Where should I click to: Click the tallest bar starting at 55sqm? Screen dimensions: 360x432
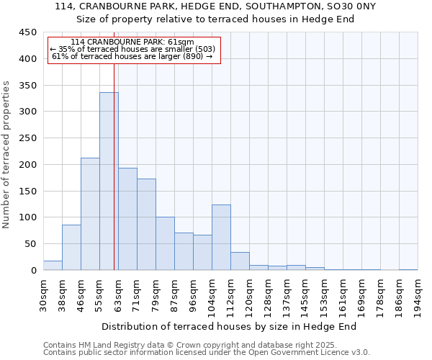(x=109, y=181)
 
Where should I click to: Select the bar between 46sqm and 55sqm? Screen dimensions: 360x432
(x=90, y=214)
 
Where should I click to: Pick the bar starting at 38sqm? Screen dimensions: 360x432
(x=71, y=248)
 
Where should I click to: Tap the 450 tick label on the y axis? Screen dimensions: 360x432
(x=28, y=32)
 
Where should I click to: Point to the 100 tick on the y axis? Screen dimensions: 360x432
(x=28, y=217)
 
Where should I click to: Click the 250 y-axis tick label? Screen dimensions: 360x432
(x=28, y=138)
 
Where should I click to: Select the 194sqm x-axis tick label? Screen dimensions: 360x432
(x=418, y=297)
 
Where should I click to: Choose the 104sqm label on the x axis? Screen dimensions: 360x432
(x=212, y=297)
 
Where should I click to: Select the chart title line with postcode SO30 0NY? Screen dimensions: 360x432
(x=215, y=6)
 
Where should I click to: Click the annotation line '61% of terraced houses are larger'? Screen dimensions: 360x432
(x=132, y=56)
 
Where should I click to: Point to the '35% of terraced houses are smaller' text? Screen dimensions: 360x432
(x=132, y=49)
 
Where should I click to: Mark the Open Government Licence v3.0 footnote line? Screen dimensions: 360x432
(x=206, y=353)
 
